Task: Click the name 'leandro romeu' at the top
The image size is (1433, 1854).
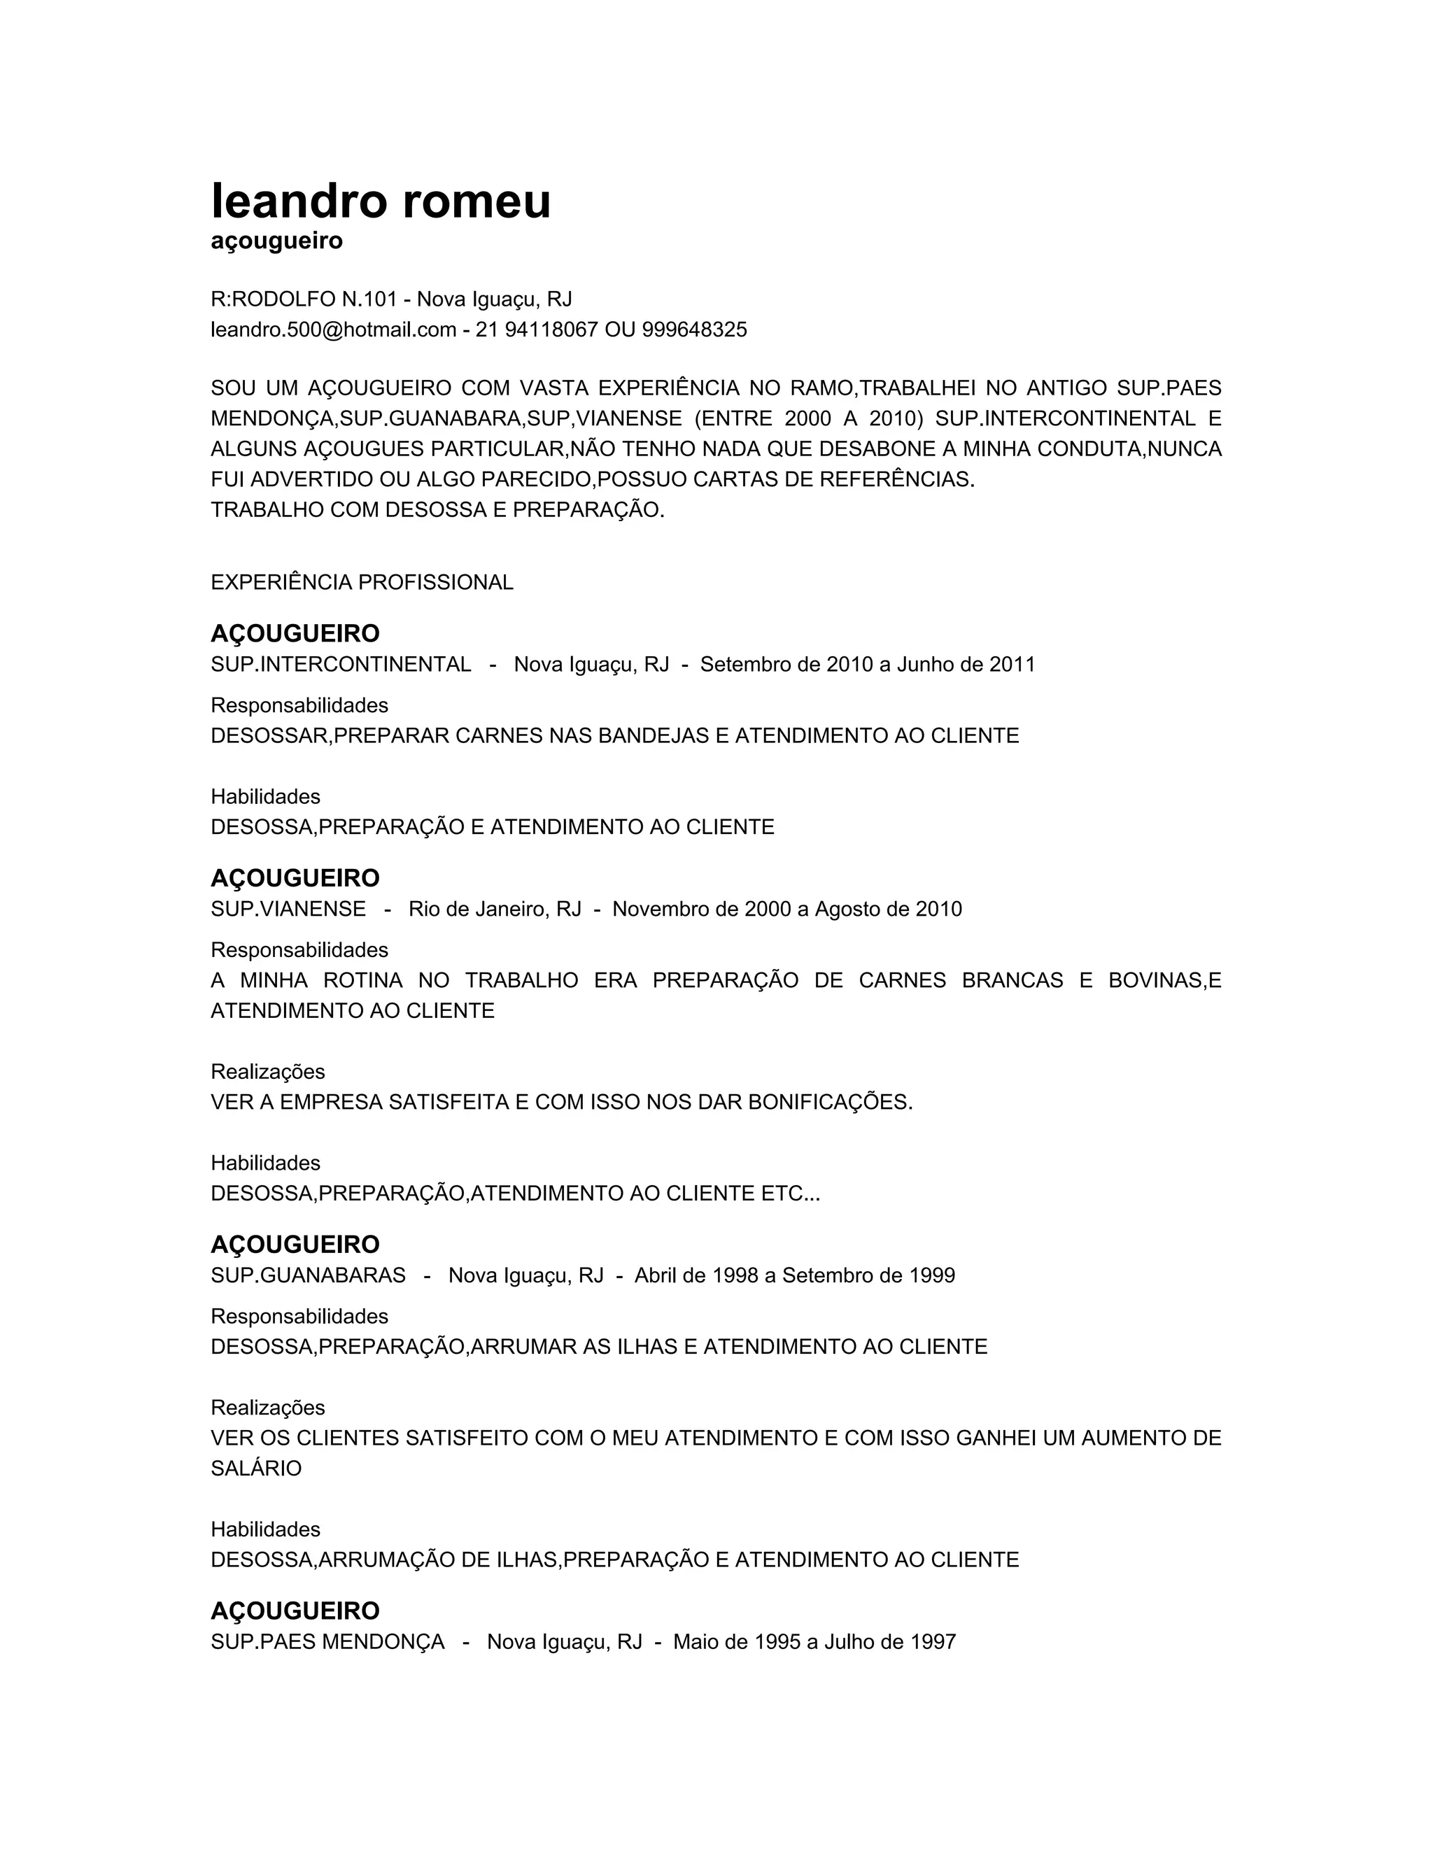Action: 381,202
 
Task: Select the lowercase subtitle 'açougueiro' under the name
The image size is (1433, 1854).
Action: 277,242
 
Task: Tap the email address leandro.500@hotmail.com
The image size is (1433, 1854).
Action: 333,330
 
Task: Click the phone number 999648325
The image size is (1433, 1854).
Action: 694,330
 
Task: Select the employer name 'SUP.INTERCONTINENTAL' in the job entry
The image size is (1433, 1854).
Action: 341,665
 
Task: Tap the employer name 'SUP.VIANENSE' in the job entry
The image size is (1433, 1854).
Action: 289,910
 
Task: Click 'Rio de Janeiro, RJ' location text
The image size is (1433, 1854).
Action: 494,910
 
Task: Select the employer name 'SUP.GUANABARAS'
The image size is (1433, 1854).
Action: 308,1276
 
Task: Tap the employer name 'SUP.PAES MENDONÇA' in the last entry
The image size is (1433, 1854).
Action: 327,1643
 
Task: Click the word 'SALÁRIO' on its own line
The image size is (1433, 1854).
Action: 255,1469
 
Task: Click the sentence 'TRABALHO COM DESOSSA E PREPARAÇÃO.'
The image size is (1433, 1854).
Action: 437,511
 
